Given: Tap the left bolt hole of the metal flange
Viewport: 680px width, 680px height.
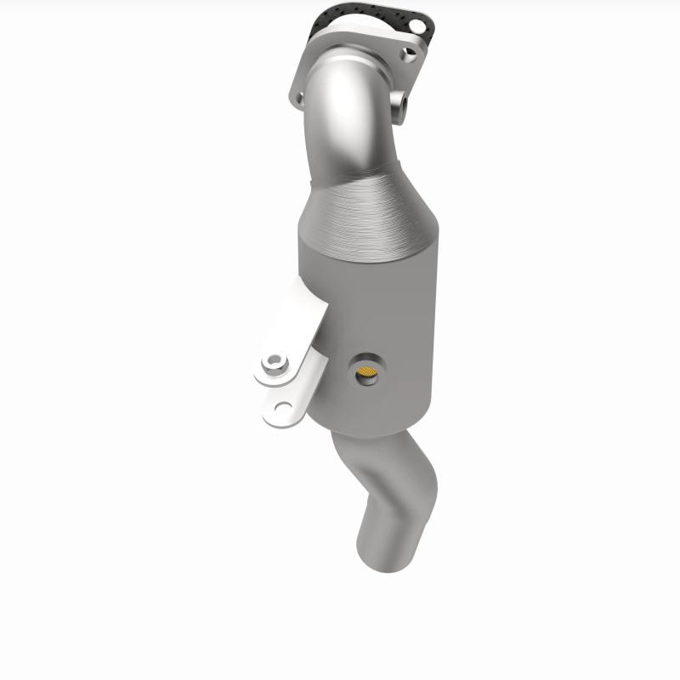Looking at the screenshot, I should pyautogui.click(x=298, y=99).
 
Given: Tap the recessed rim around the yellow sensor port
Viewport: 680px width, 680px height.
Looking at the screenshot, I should pyautogui.click(x=367, y=360).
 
